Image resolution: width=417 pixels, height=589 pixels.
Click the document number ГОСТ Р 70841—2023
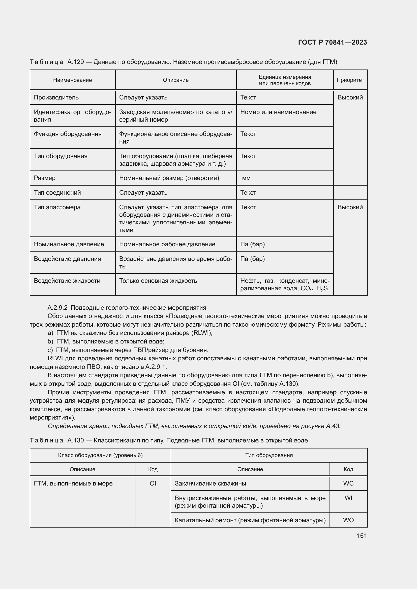[x=333, y=42]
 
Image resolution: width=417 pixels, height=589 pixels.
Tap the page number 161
[x=362, y=536]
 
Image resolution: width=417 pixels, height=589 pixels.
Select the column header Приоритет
[x=350, y=80]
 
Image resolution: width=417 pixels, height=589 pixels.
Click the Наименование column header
[x=72, y=80]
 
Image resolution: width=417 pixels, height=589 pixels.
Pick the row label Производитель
[x=56, y=97]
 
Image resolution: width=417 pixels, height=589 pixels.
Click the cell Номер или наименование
[x=278, y=112]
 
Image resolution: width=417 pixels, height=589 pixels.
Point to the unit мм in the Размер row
[x=246, y=178]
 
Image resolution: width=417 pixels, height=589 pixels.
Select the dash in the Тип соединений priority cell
[x=350, y=193]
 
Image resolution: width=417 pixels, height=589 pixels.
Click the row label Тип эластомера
[x=57, y=207]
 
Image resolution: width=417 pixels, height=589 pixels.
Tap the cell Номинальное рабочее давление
[x=167, y=244]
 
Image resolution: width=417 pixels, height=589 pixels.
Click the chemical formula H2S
[x=322, y=289]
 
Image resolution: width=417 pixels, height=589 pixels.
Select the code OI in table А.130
[x=153, y=483]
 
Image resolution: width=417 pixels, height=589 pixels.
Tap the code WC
[x=348, y=483]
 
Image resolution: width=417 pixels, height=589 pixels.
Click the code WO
[x=348, y=520]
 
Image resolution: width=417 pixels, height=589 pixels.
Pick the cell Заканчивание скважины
[x=210, y=483]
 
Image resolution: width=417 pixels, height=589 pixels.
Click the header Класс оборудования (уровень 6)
[x=100, y=455]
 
